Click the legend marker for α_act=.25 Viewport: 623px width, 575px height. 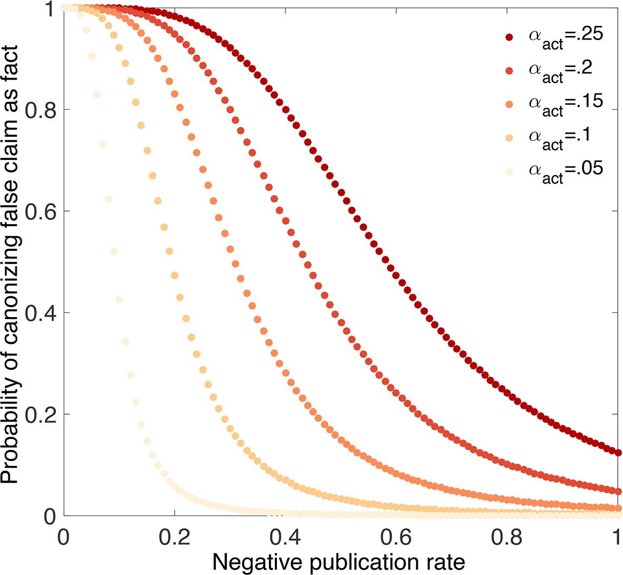click(509, 37)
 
